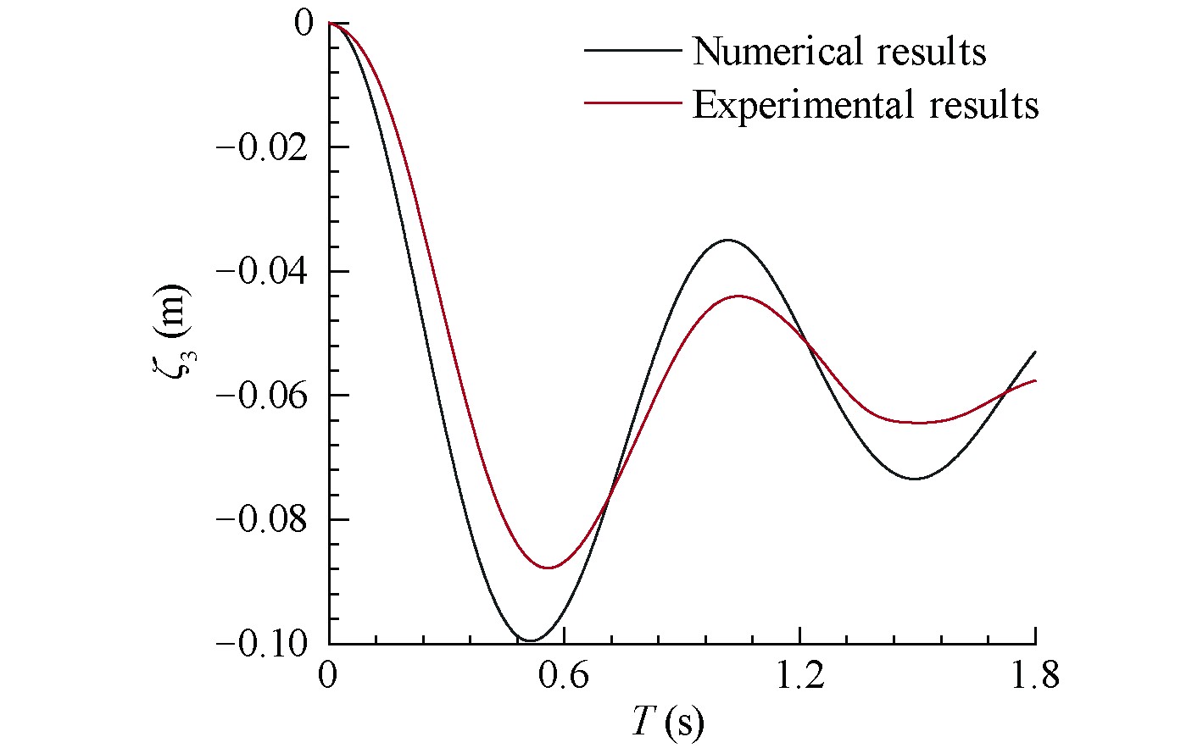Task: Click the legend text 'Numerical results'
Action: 838,52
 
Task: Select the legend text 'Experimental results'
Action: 865,105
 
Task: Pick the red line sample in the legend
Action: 632,103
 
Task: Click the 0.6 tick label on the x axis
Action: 564,678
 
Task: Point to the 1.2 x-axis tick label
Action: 799,678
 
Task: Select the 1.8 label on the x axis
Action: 1035,678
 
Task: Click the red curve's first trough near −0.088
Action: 549,568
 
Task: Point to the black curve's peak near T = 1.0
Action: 727,241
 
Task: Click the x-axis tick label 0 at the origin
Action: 329,678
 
